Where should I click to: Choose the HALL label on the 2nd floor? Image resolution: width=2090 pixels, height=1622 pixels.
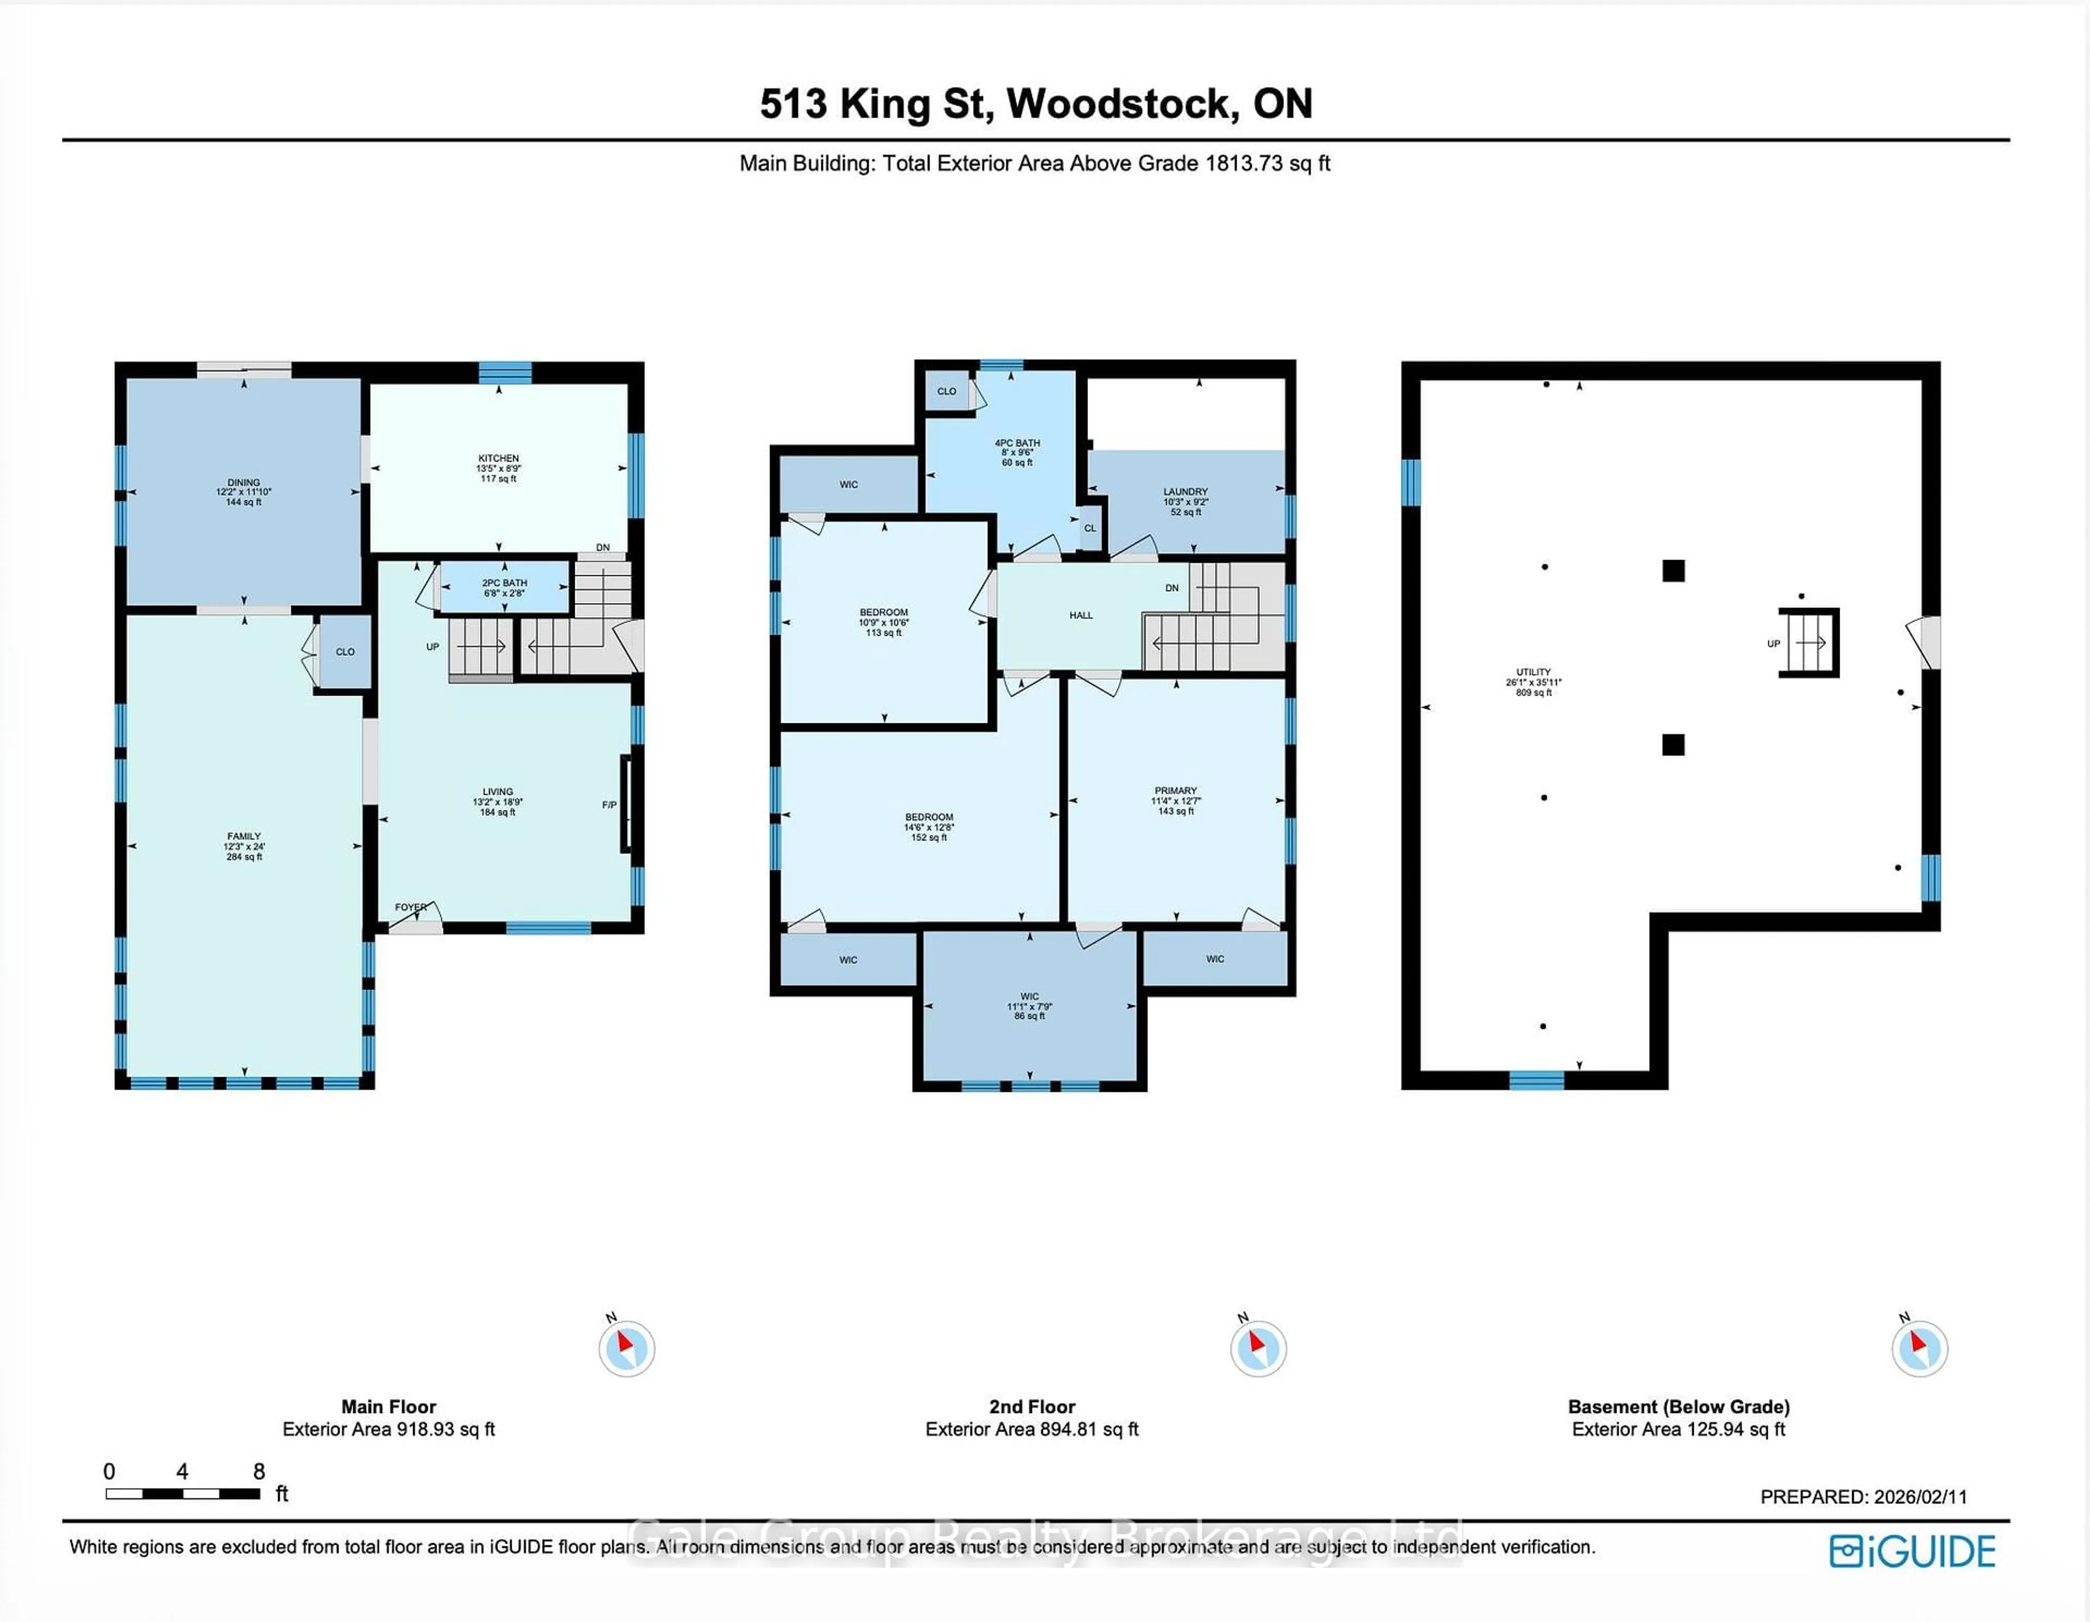tap(1080, 615)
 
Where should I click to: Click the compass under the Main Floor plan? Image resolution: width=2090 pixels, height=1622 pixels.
tap(627, 1348)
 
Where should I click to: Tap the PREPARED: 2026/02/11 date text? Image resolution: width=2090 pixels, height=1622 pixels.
tap(1863, 1497)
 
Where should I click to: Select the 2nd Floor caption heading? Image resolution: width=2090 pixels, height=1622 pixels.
tap(1031, 1406)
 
